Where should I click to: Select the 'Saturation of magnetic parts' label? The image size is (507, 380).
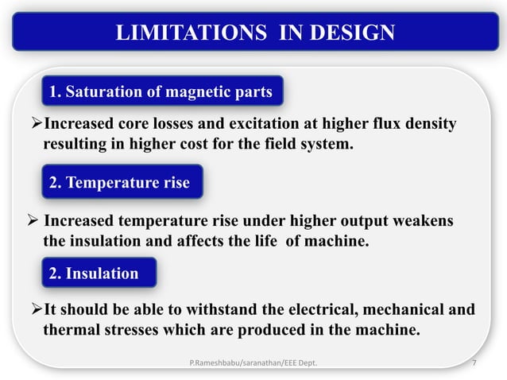[x=161, y=92]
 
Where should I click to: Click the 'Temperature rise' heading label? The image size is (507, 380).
[x=119, y=183]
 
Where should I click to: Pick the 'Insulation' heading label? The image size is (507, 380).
[x=94, y=273]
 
